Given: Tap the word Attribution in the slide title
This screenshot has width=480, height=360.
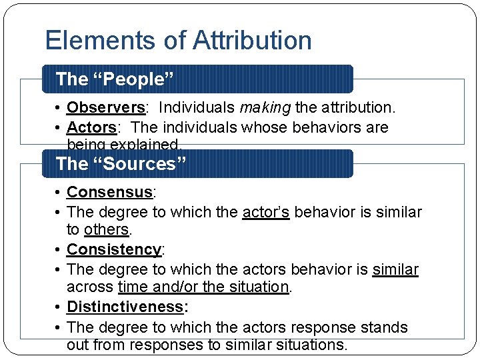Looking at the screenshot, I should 252,41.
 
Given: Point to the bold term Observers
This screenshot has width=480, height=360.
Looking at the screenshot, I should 106,107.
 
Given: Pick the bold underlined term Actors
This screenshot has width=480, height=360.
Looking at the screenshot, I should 91,127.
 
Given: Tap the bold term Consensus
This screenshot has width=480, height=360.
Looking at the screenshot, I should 109,193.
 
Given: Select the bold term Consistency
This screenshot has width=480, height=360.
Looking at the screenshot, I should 114,250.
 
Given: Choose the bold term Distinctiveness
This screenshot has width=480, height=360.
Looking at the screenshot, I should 125,307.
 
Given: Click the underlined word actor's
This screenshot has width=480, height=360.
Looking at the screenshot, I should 266,213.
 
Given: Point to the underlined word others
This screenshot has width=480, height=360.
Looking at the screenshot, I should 106,230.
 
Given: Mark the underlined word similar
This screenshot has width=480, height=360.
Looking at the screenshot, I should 395,270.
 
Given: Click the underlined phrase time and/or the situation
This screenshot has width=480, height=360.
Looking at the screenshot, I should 203,287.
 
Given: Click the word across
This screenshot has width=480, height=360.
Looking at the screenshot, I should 89,287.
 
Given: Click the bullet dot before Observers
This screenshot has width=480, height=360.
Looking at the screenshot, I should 59,107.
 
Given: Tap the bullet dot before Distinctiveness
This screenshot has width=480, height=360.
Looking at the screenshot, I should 59,307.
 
